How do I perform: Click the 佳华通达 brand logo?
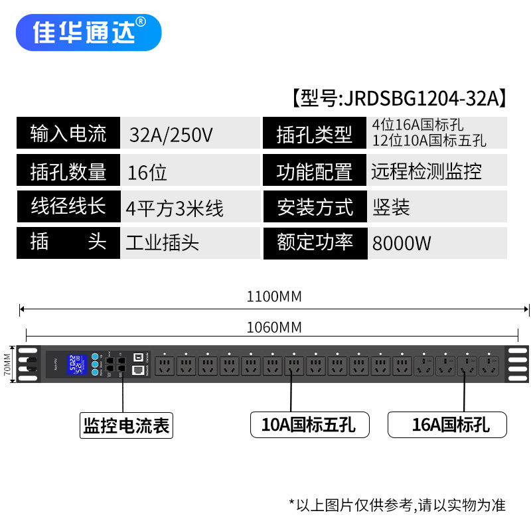88,33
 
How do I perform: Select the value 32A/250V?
171,135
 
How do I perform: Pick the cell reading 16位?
147,173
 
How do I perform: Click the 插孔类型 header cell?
315,135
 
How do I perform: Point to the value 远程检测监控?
427,171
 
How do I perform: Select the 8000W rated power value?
402,243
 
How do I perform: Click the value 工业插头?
163,242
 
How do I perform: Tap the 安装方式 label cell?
315,207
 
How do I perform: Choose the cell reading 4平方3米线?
175,208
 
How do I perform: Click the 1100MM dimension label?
274,297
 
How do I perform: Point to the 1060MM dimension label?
274,327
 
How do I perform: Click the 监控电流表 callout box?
126,425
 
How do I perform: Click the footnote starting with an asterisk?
397,505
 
